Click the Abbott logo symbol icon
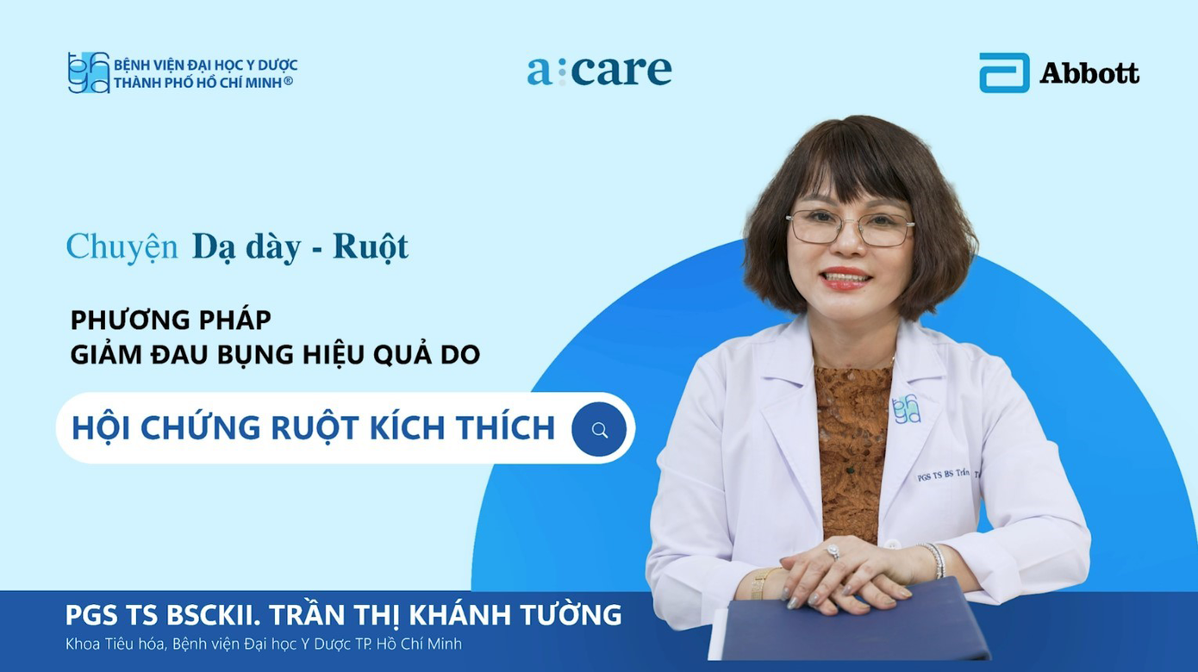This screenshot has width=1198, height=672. tap(1004, 72)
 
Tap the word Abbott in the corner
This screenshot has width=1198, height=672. tap(1089, 73)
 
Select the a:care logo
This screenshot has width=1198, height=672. tap(599, 71)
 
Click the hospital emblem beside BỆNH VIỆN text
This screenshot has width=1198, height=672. tap(89, 72)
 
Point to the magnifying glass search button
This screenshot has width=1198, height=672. tap(600, 429)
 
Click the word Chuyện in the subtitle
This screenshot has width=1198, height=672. tap(122, 246)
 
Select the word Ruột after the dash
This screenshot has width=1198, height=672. tap(371, 246)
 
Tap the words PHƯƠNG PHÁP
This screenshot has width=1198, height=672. tap(171, 320)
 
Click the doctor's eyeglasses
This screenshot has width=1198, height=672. tap(850, 227)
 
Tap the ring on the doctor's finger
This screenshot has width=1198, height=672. tap(833, 551)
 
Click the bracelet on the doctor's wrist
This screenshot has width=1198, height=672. tap(934, 559)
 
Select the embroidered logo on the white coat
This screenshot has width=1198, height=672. tap(906, 408)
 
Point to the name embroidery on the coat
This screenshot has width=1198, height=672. tap(945, 475)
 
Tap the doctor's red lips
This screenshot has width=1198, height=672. tap(846, 277)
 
